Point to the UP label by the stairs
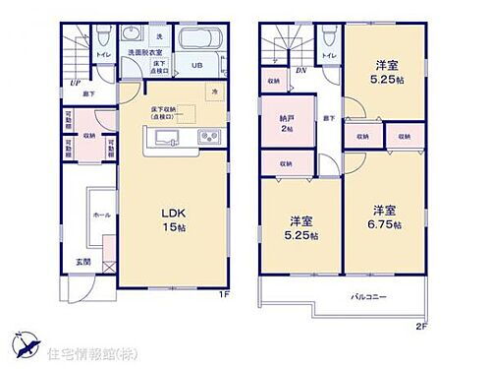click(75, 84)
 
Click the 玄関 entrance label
click(86, 262)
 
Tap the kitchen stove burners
click(206, 137)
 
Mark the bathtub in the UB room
click(202, 43)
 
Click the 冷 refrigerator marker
click(216, 91)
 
